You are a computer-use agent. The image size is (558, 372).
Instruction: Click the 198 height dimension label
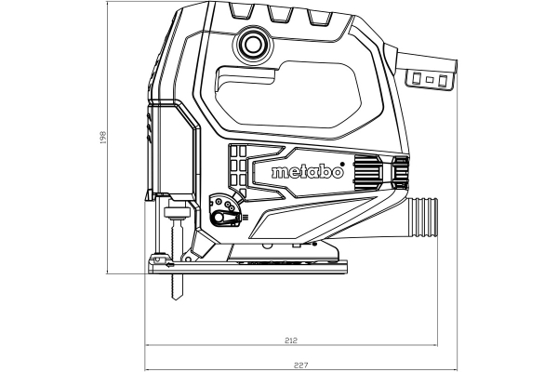pyautogui.click(x=102, y=138)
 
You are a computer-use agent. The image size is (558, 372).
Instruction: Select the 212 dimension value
pyautogui.click(x=293, y=340)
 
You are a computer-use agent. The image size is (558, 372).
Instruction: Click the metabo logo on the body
pyautogui.click(x=307, y=172)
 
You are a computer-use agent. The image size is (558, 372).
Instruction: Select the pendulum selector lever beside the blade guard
pyautogui.click(x=221, y=215)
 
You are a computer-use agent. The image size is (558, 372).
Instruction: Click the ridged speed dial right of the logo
pyautogui.click(x=366, y=172)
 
